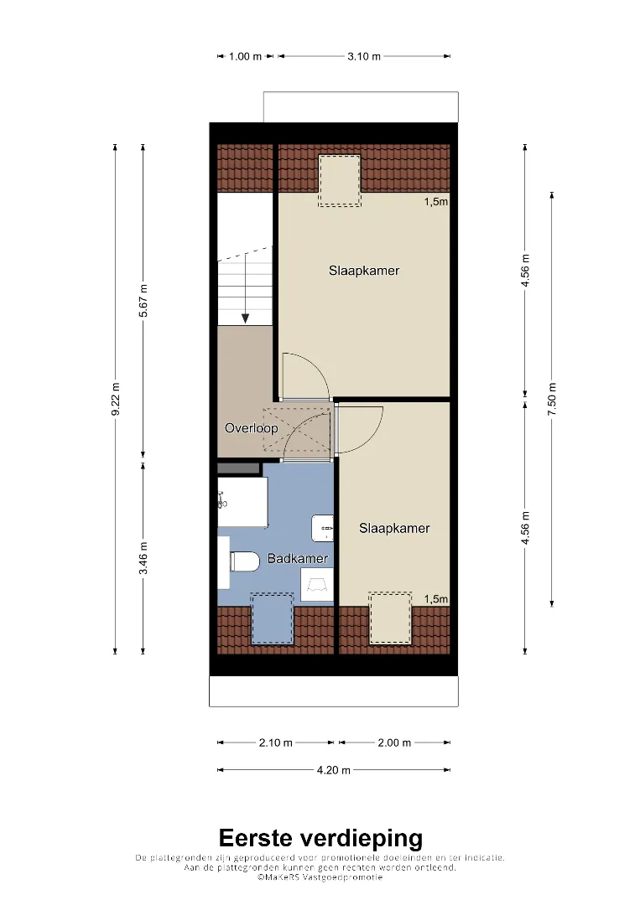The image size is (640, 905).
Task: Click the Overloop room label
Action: tap(252, 428)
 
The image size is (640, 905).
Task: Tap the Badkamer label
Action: tap(298, 559)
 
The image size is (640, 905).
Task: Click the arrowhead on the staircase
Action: tap(246, 318)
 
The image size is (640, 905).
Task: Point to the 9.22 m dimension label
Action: tap(116, 399)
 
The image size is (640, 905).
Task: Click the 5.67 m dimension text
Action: tap(143, 301)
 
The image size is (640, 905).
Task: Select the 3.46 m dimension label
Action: tap(143, 558)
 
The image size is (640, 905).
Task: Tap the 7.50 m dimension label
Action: tap(552, 399)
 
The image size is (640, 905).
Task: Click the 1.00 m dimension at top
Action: tap(246, 57)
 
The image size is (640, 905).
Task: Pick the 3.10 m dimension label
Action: tap(364, 57)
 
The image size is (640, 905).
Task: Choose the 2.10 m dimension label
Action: tap(275, 742)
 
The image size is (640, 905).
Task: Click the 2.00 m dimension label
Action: tap(394, 742)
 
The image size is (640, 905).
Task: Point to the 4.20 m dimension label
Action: tap(334, 770)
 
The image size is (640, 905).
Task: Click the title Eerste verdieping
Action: tap(320, 838)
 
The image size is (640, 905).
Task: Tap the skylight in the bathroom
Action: tap(272, 618)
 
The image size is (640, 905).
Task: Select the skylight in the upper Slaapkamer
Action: tap(340, 180)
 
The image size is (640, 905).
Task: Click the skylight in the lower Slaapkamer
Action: tap(391, 618)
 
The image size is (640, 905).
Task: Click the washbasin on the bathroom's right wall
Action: tap(323, 528)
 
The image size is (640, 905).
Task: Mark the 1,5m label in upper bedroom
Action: tap(436, 201)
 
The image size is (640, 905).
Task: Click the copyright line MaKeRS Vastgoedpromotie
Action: tap(320, 877)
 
